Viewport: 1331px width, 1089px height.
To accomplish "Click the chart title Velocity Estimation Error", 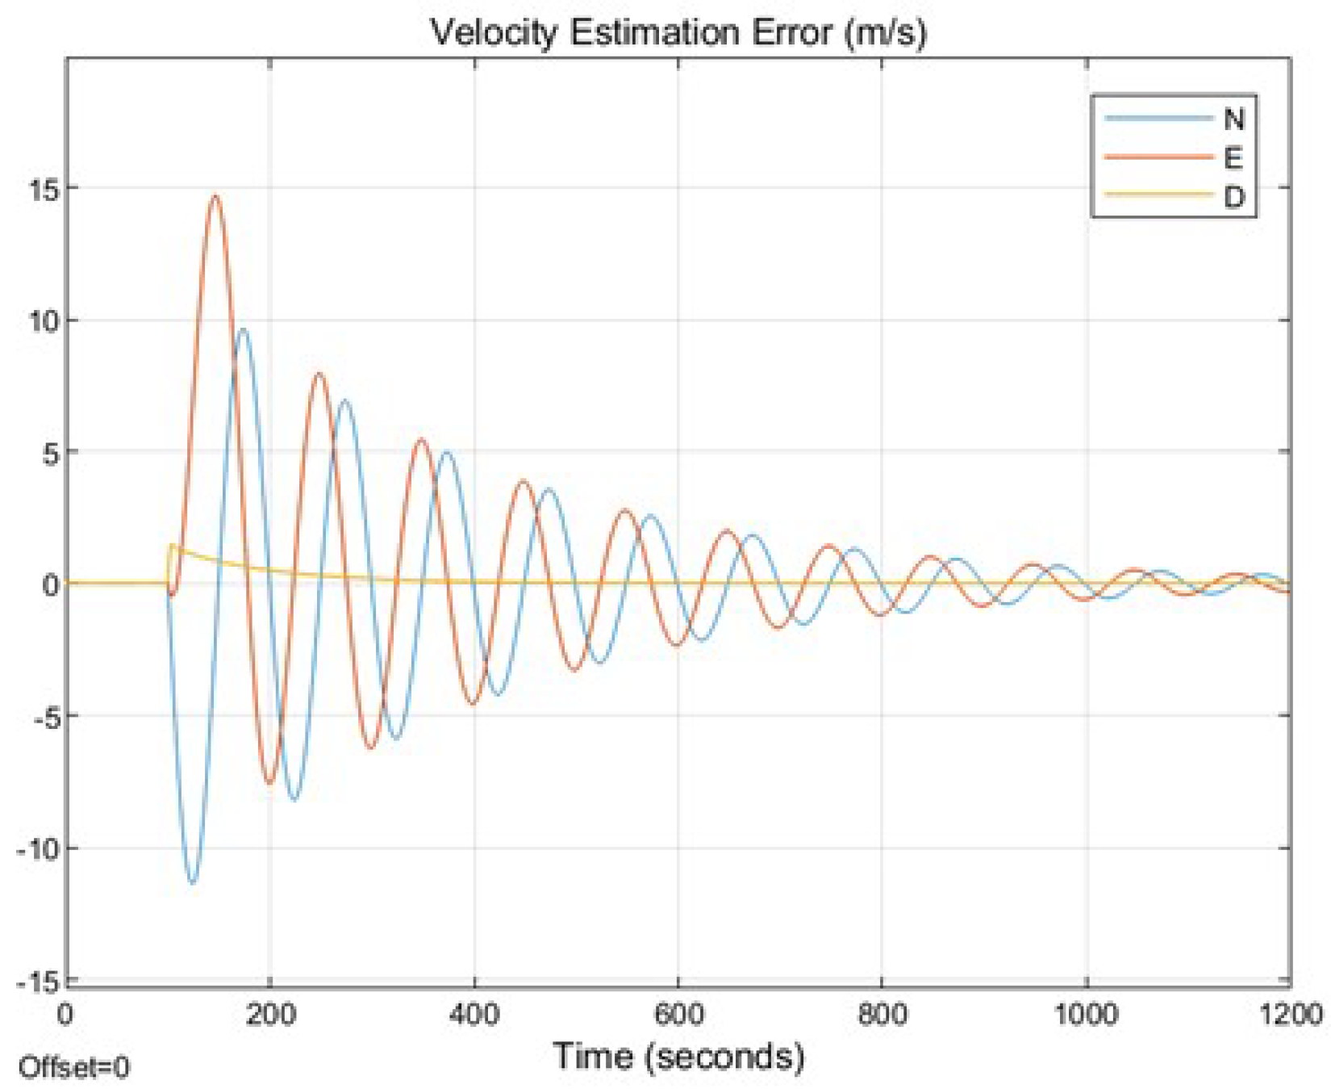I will tap(678, 32).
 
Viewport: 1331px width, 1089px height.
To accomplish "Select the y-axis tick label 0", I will tap(51, 584).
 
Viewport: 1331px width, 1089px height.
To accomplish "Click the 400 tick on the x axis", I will tap(474, 1013).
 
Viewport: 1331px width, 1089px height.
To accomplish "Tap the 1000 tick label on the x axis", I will tap(1086, 1013).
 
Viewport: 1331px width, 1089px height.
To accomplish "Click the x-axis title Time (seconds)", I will tap(678, 1055).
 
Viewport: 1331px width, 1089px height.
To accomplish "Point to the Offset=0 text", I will tap(73, 1067).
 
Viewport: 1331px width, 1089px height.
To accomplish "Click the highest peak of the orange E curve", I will tap(215, 195).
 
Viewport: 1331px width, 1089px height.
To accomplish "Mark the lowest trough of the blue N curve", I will tap(191, 883).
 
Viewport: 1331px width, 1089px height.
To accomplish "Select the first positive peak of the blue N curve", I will tap(242, 329).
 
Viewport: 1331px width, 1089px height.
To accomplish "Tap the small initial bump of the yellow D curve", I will tap(172, 547).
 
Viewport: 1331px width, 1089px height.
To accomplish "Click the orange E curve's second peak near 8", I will tap(319, 374).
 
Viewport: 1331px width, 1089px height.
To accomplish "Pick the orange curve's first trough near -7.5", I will tap(269, 782).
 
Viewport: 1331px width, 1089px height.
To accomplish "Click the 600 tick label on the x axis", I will tap(678, 1013).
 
